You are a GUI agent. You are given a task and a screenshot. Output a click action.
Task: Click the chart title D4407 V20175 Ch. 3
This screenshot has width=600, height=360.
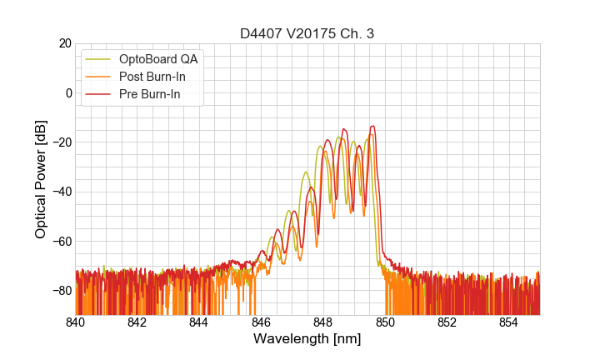point(307,33)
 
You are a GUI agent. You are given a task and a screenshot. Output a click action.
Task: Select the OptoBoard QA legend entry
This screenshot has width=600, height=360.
point(157,59)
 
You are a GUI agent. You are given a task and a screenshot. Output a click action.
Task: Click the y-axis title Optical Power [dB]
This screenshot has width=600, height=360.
point(41,178)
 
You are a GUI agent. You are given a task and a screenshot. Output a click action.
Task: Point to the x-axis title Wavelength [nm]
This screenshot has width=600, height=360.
point(307,339)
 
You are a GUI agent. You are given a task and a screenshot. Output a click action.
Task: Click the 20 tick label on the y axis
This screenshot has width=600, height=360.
point(64,43)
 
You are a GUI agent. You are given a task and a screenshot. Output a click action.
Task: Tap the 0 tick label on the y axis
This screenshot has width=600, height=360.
point(67,92)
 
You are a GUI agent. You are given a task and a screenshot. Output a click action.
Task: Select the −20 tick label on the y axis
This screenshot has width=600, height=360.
point(61,142)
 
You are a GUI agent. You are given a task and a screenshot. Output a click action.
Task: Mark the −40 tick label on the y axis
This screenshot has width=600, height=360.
point(61,192)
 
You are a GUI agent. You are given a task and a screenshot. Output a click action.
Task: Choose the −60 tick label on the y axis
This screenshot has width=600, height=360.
point(61,241)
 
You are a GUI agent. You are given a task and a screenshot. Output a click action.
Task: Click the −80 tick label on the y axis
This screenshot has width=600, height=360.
point(61,290)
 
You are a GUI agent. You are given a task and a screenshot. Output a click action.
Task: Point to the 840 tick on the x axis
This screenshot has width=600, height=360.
point(76,322)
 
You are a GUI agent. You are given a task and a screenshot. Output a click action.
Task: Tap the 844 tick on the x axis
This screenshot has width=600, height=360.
point(199,322)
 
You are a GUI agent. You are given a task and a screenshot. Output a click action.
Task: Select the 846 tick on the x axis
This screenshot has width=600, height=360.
point(261,322)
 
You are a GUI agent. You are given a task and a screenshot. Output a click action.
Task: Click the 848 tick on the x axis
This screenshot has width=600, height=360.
point(323,322)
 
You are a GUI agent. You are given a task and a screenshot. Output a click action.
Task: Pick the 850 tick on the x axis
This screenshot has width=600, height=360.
point(385,322)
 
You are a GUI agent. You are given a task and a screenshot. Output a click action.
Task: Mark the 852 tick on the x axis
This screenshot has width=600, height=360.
point(447,322)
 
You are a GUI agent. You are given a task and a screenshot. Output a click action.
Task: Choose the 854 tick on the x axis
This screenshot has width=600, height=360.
point(509,322)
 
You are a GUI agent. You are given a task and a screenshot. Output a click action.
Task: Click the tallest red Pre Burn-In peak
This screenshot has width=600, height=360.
point(372,127)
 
